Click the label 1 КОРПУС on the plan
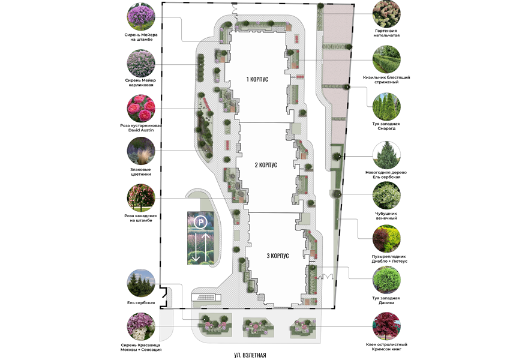pos(257,79)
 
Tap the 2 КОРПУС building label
pos(266,165)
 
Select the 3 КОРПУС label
pos(278,256)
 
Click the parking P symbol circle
pos(201,222)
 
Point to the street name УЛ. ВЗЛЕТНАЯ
pos(250,355)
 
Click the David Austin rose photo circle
pos(141,108)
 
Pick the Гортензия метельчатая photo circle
pos(386,14)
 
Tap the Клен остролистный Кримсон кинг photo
pos(386,326)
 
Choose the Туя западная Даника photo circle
pos(386,280)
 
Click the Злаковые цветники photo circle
pos(141,151)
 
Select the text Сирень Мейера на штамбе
pos(141,37)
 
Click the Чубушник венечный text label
pos(386,216)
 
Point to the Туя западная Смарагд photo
pos(386,106)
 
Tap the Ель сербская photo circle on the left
pos(141,283)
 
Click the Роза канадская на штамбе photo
pos(141,197)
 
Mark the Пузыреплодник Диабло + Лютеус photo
pos(386,238)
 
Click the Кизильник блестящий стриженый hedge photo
pos(386,59)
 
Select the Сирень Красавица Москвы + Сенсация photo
pos(141,326)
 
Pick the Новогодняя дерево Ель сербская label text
pos(386,175)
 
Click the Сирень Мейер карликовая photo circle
pos(141,64)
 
